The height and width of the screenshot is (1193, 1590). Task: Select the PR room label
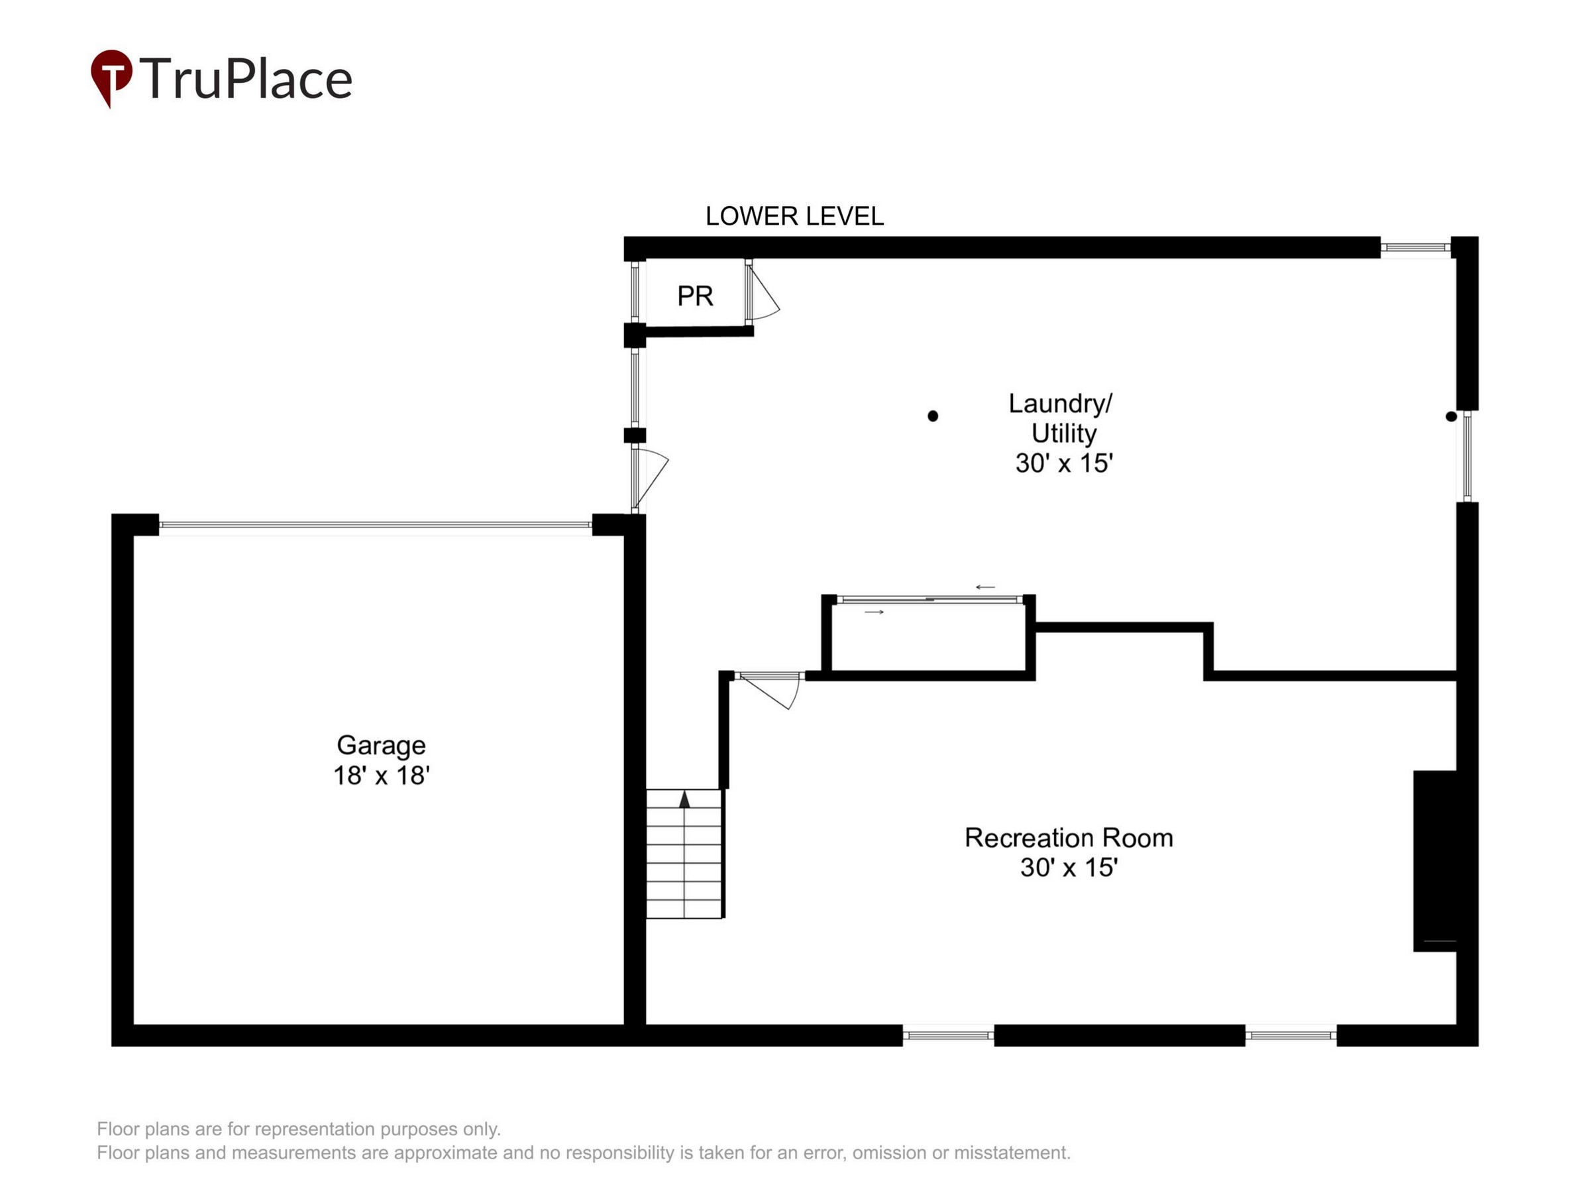(x=695, y=296)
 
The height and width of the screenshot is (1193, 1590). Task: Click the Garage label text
(x=381, y=746)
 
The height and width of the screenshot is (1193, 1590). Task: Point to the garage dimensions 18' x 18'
(x=381, y=776)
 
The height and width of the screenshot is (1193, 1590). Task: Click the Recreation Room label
(x=1068, y=838)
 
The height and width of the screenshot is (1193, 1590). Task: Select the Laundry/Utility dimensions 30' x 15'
(x=1064, y=463)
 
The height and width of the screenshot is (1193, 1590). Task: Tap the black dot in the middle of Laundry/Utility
(x=932, y=416)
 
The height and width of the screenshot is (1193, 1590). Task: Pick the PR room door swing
(x=763, y=291)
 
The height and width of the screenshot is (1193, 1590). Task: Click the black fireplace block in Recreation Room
(x=1435, y=861)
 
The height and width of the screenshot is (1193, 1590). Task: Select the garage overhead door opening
(x=375, y=525)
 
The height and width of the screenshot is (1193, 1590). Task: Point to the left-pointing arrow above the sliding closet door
(x=984, y=587)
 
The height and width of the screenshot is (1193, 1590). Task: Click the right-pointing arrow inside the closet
(x=874, y=612)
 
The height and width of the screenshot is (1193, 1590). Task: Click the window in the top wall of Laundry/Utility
(x=1415, y=247)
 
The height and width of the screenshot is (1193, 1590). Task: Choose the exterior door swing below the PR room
(x=650, y=479)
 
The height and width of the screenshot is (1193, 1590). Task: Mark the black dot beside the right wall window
(x=1452, y=416)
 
